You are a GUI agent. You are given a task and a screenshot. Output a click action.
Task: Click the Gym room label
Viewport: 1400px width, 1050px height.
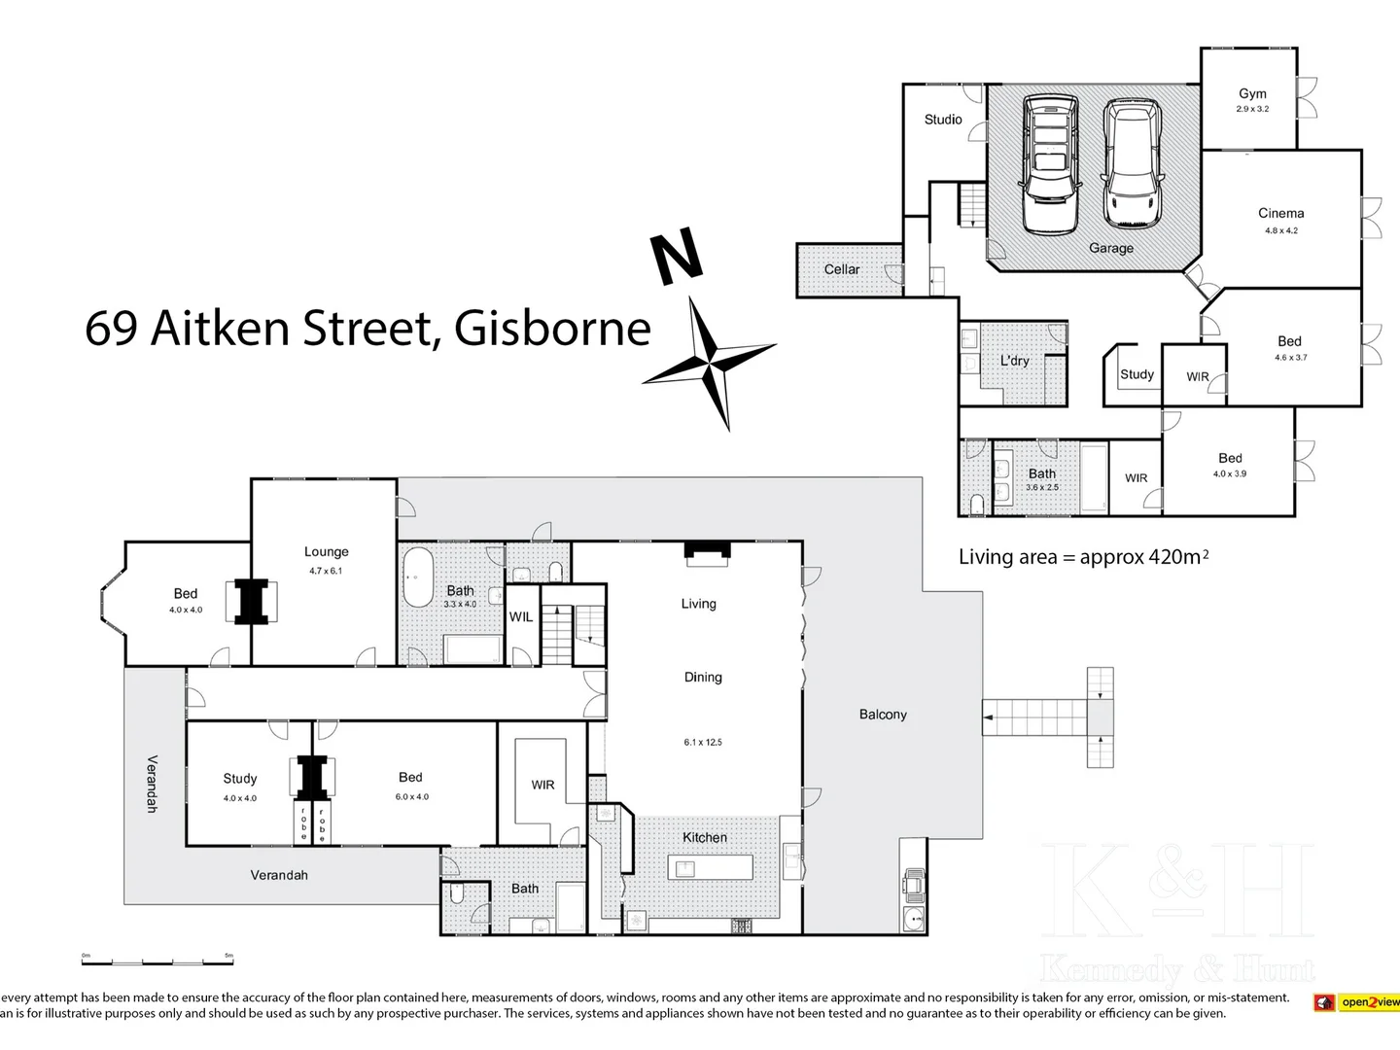(x=1252, y=94)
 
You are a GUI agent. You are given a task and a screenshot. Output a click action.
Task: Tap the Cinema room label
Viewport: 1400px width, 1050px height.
(x=1280, y=213)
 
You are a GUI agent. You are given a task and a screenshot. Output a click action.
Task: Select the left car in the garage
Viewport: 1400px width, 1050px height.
(x=1049, y=163)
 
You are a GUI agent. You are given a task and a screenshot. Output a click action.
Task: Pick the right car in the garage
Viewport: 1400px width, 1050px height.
(x=1134, y=163)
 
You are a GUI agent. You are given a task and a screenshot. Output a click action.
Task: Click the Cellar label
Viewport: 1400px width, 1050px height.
(x=842, y=269)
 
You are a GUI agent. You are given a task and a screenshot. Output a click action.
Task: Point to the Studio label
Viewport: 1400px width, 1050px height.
(x=943, y=120)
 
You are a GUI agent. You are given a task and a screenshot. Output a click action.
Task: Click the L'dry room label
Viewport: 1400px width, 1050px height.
(x=1014, y=361)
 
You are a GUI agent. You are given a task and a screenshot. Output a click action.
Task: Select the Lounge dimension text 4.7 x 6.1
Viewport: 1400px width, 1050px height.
(x=326, y=571)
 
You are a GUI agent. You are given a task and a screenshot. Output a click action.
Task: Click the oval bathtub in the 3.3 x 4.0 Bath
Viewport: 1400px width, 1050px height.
(x=418, y=577)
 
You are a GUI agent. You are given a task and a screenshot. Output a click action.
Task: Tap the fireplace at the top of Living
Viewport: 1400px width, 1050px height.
(x=707, y=553)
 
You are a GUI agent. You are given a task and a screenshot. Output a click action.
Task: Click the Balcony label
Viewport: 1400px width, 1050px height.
(x=883, y=715)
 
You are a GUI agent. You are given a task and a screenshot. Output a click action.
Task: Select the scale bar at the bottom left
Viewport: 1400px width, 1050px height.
(x=157, y=961)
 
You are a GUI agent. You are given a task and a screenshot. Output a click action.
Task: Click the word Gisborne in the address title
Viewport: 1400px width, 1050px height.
(x=552, y=329)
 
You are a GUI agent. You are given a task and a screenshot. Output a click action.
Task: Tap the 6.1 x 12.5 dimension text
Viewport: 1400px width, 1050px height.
(x=703, y=742)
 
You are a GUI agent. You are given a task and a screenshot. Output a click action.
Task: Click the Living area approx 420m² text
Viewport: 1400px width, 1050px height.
(x=1083, y=557)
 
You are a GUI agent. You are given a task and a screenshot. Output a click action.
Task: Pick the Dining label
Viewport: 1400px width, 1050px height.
(x=703, y=678)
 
